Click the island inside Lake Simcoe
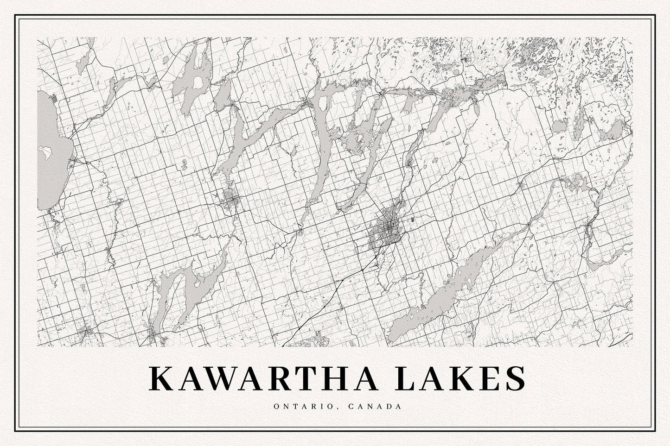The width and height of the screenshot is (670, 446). [45, 150]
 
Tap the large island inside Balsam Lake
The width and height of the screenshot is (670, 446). [197, 82]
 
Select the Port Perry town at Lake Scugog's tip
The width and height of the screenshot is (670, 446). [155, 335]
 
